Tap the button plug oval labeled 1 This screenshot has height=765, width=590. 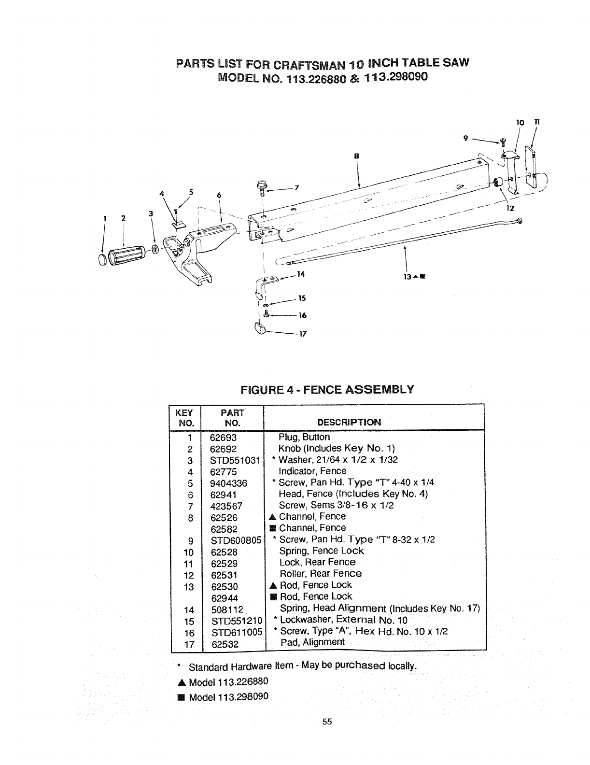coord(103,259)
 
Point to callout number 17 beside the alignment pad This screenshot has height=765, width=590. coord(304,334)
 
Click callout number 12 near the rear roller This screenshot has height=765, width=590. coord(510,209)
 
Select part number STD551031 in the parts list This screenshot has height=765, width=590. coord(235,460)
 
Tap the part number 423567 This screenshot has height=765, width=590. coord(226,506)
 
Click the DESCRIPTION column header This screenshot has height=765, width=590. coord(349,422)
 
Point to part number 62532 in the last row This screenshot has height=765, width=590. coord(224,644)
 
